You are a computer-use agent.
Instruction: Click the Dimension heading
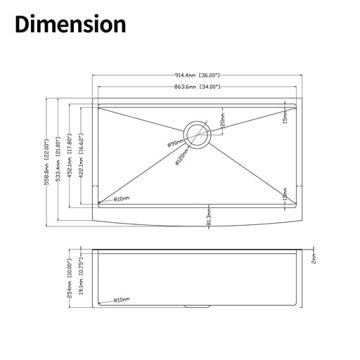coord(70,24)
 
